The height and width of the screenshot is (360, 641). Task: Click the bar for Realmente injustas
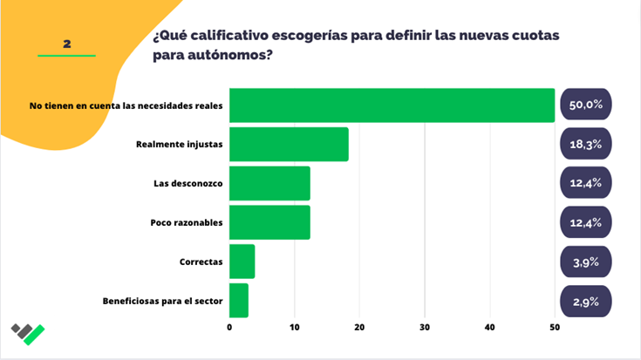point(289,144)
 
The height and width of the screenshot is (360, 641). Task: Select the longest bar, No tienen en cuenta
point(392,105)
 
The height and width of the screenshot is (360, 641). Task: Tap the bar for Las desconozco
point(269,183)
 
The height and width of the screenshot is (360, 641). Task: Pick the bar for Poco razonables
point(269,222)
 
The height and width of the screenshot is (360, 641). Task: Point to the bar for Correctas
point(242,262)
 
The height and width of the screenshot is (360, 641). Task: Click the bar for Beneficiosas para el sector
point(239,301)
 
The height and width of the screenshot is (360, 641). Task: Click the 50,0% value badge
point(586,105)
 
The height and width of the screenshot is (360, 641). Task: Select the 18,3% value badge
point(586,144)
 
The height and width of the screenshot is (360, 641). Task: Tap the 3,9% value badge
point(586,262)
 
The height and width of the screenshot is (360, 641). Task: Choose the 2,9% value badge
point(586,301)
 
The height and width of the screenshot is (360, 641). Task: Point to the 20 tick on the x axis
point(359,328)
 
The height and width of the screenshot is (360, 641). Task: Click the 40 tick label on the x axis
point(490,328)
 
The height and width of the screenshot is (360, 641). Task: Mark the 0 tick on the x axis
point(229,328)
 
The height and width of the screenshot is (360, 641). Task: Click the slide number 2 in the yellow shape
point(66,43)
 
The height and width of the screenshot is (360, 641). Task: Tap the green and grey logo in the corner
point(28,333)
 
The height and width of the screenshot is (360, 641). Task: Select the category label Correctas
point(200,262)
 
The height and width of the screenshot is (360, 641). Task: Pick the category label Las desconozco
point(188,183)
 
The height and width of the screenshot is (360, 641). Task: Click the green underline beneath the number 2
point(66,56)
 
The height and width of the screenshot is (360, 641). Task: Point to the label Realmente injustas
point(180,144)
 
